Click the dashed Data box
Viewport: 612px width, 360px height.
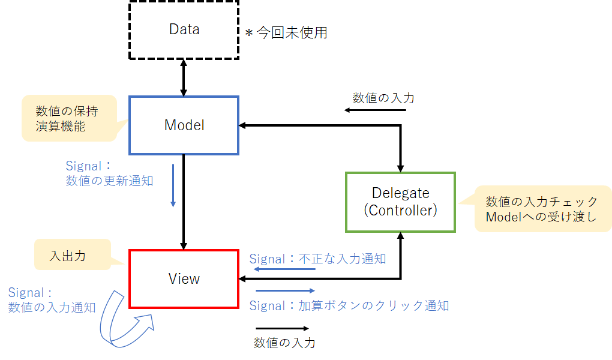coord(184,29)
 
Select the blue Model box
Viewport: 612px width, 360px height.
coord(184,125)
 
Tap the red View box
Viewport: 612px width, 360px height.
coord(184,278)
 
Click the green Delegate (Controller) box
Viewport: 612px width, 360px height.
coord(400,202)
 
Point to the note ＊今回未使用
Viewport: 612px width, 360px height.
coord(286,33)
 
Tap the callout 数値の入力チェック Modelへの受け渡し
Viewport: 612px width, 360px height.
coord(542,209)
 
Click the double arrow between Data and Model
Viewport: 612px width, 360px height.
coord(184,77)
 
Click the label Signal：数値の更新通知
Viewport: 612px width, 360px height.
coord(109,173)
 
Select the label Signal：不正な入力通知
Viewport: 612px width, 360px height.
coord(317,259)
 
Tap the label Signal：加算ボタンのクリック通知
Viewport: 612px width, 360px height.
coord(349,305)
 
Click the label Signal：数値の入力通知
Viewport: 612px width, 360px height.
coord(52,300)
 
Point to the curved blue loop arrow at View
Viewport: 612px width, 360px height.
coord(125,321)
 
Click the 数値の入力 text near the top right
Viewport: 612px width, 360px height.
coord(383,98)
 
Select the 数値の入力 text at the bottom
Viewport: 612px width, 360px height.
coord(284,343)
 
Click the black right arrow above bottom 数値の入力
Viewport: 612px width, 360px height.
coord(282,328)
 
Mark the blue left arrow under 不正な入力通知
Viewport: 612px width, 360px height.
coord(284,269)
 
